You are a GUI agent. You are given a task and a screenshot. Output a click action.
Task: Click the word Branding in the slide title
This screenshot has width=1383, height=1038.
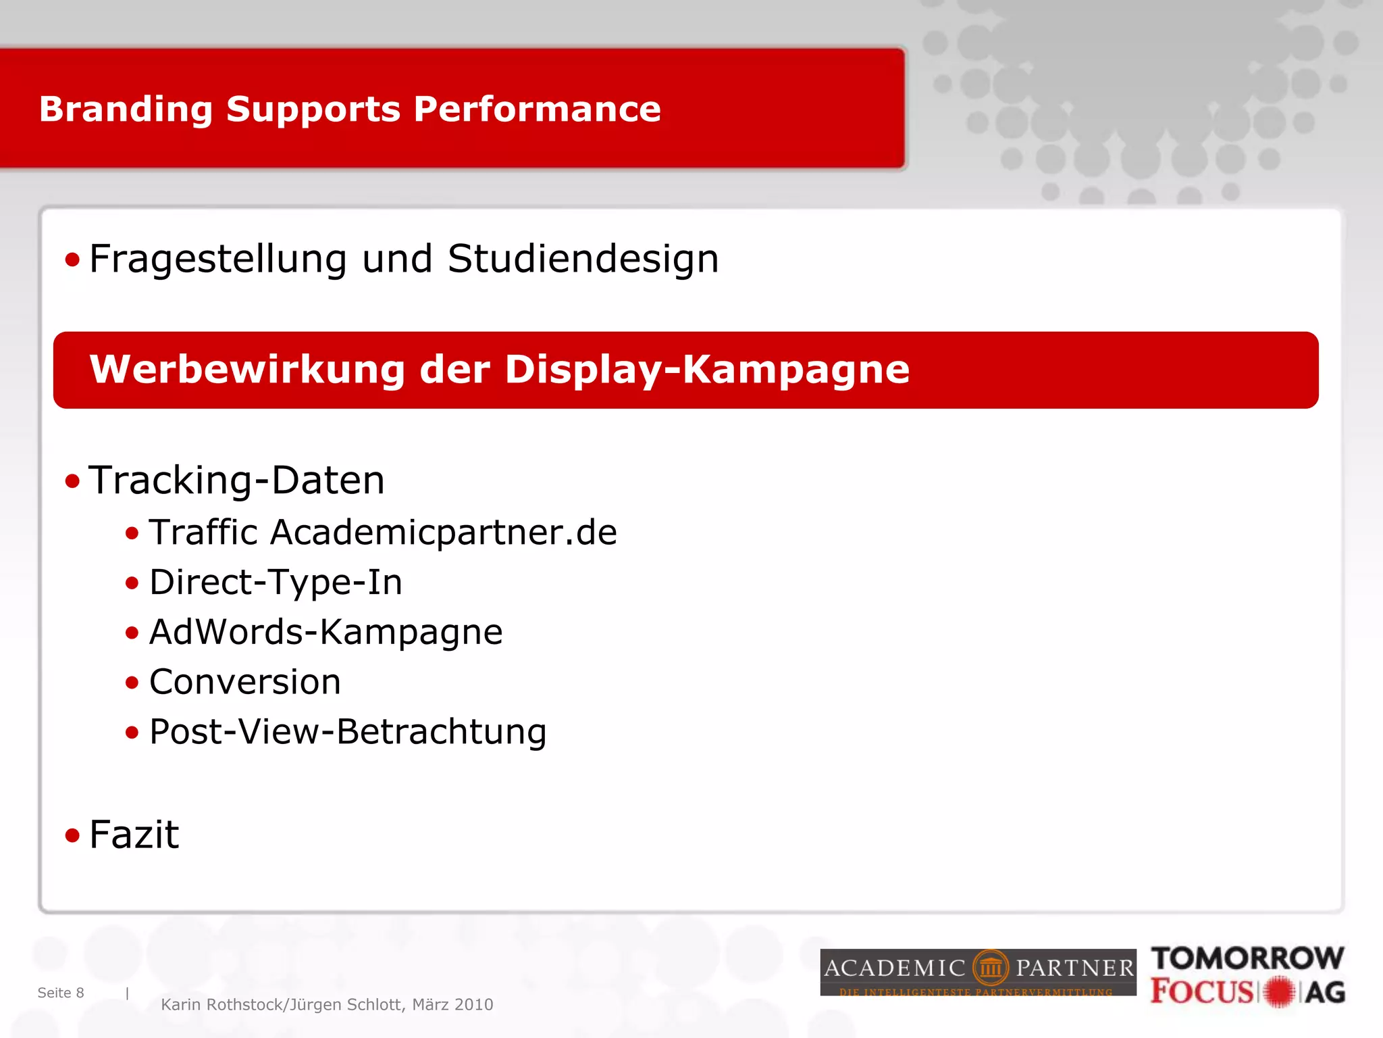[126, 109]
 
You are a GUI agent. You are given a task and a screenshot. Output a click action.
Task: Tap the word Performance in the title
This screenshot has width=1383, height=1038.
[537, 109]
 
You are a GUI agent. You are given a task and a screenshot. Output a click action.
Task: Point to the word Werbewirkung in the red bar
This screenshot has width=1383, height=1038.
[246, 370]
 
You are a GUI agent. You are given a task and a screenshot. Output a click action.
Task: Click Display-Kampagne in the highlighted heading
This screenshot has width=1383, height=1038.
[707, 370]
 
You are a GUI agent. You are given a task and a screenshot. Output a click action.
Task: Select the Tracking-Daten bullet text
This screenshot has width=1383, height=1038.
[236, 480]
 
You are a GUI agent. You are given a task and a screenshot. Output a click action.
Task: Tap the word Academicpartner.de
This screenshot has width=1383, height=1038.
[444, 533]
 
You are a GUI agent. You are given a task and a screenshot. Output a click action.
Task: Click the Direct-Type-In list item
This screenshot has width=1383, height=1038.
[276, 583]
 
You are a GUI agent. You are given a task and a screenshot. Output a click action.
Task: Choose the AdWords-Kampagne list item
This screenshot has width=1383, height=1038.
[325, 633]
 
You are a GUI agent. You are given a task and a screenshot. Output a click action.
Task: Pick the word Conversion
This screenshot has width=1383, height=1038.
[244, 682]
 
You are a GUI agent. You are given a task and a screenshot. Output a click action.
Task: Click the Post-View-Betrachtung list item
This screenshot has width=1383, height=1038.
[348, 732]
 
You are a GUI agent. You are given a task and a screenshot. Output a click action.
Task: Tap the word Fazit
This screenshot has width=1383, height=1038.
[134, 835]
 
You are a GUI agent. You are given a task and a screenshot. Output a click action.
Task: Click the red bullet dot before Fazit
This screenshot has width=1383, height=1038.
[72, 836]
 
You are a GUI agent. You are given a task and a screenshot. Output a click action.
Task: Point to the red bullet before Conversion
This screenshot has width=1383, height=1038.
[132, 683]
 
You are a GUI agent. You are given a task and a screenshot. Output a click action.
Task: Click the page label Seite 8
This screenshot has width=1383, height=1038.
[61, 993]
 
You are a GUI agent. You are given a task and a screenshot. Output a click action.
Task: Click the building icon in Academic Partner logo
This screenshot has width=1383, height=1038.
[990, 968]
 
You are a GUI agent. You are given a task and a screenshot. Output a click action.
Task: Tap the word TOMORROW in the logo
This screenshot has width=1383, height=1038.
[1247, 959]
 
